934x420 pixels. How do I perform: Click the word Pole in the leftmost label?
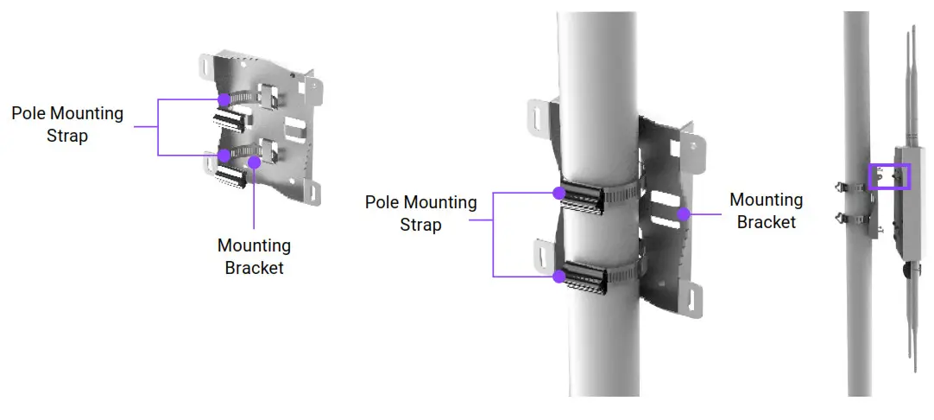coord(29,113)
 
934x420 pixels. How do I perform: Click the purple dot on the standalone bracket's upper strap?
coord(224,99)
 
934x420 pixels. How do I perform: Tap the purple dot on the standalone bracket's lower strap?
coord(224,156)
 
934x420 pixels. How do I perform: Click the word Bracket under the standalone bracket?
coord(254,268)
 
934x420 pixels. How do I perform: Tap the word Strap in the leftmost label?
coord(67,136)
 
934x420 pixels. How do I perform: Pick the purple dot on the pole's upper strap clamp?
coord(559,193)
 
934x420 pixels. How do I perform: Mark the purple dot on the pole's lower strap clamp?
coord(559,277)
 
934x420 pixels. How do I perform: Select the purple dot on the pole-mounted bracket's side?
coord(683,212)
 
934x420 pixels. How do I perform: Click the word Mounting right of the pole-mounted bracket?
coord(766,200)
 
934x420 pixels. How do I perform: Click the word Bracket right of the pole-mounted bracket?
coord(766,222)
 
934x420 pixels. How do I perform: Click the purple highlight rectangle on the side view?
coord(890,175)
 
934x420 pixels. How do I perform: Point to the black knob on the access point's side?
coord(907,270)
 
